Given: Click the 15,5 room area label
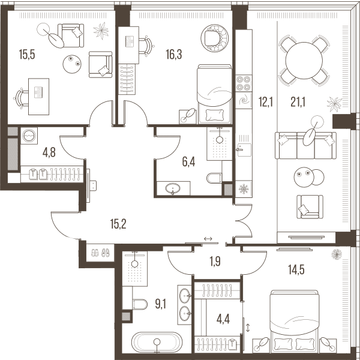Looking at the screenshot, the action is [x=27, y=55].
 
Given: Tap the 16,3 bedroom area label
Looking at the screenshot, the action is [x=174, y=55].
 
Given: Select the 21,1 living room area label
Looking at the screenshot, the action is [x=298, y=102].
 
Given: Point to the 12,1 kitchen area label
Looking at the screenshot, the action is [x=266, y=102].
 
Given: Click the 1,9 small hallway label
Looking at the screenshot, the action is [x=215, y=261].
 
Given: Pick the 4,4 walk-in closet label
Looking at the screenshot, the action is [x=223, y=319].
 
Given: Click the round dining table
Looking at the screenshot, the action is [x=304, y=61].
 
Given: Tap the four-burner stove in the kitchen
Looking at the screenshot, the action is [x=244, y=83].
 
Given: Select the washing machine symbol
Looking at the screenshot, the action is [x=29, y=136].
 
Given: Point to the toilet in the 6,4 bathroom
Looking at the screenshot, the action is [x=214, y=178].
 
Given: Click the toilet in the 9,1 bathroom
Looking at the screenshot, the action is [x=140, y=304].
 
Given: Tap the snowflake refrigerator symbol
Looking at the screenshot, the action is [x=244, y=189].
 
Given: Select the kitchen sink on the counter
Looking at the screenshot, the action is [x=244, y=149].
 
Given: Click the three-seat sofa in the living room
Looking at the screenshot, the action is [x=305, y=145].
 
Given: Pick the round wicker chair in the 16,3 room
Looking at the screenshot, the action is [x=214, y=38].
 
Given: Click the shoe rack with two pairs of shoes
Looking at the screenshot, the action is [x=100, y=253].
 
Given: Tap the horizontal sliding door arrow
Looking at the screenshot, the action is [x=208, y=239].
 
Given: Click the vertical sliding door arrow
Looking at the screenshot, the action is [x=248, y=328].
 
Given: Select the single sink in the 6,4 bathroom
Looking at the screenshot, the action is [x=173, y=189].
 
